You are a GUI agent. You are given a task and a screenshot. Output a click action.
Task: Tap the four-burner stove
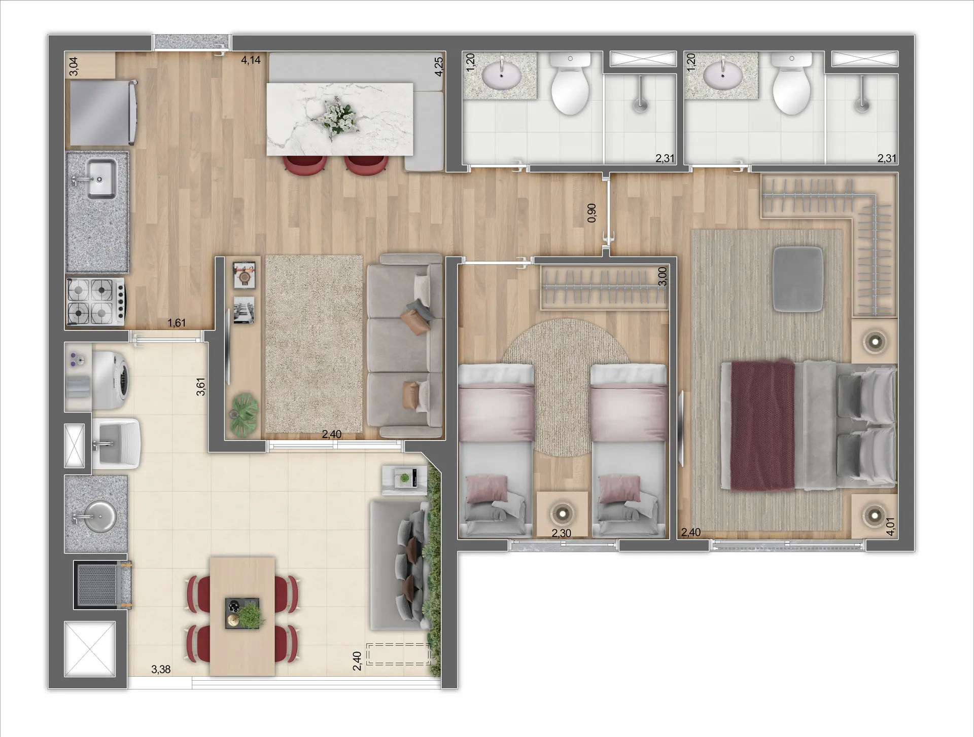(x=96, y=301)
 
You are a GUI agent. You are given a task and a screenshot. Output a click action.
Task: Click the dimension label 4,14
(x=251, y=60)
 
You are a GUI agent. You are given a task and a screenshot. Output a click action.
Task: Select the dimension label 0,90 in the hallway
(x=592, y=213)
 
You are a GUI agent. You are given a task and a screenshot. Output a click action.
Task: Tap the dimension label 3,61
(x=201, y=386)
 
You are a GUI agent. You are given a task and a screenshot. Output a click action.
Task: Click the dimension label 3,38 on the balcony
(x=161, y=670)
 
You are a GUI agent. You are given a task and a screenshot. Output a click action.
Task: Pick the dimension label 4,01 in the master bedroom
(x=890, y=526)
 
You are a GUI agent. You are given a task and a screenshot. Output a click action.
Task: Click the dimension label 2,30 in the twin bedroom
(x=561, y=533)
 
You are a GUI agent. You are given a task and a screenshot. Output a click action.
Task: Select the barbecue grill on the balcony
(x=102, y=584)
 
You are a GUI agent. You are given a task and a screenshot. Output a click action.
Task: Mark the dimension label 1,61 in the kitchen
(x=177, y=323)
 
